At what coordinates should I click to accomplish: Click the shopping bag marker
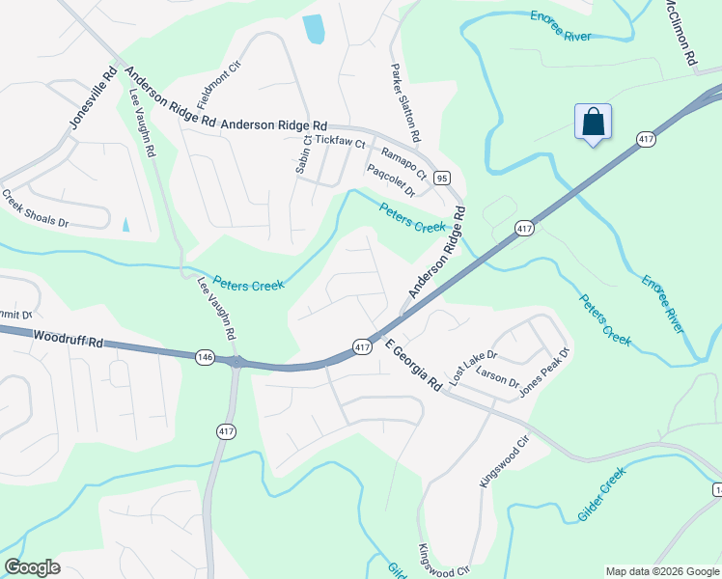593,123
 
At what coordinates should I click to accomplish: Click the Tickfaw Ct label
340,142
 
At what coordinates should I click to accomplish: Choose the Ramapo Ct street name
403,160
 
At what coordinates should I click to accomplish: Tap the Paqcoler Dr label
391,179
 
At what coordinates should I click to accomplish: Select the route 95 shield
442,178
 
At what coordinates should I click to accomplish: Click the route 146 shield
204,357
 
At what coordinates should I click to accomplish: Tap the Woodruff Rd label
67,340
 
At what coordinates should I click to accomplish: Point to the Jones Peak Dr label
545,372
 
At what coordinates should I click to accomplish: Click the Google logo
32,567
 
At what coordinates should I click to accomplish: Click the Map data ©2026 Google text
661,571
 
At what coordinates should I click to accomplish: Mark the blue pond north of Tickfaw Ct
314,30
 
